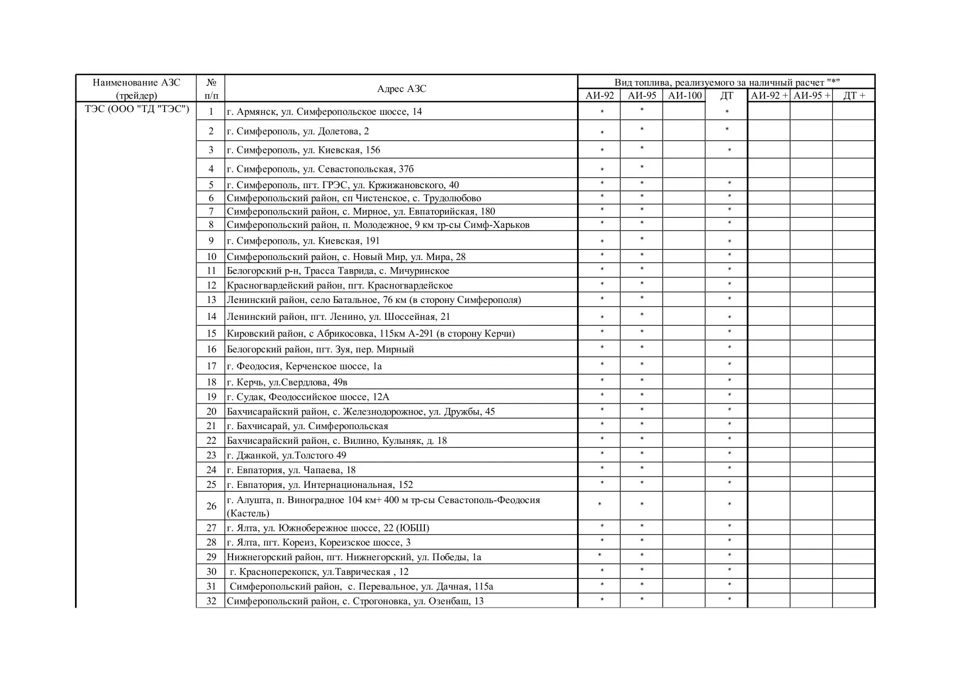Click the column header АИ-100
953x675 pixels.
click(684, 96)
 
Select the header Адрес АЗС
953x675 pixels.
click(402, 89)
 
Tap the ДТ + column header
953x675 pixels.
click(854, 96)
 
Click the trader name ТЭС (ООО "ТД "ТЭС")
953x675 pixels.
click(136, 109)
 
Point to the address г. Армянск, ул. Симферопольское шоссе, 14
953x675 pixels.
click(324, 112)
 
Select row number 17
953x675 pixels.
click(211, 366)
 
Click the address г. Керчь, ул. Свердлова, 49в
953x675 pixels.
click(286, 382)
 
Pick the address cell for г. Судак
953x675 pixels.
click(308, 397)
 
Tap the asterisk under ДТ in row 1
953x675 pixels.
click(727, 112)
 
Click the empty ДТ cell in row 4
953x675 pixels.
click(726, 169)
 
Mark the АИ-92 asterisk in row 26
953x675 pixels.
click(600, 505)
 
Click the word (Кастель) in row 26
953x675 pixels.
click(248, 513)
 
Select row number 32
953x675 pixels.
click(211, 601)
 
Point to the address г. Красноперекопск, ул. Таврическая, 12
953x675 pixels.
click(319, 572)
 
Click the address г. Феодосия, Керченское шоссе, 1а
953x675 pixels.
click(304, 366)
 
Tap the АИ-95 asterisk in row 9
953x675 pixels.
click(642, 239)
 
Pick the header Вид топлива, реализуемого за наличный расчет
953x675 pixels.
click(726, 82)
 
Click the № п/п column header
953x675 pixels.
click(211, 89)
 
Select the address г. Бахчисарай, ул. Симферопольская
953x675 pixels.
click(307, 426)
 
